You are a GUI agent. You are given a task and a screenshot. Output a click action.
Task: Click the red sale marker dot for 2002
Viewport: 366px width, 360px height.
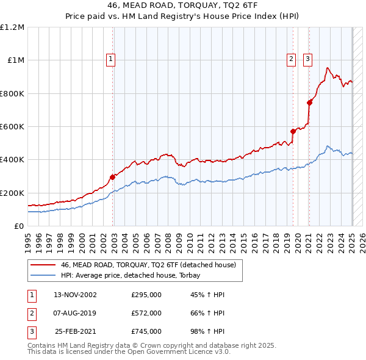point(113,178)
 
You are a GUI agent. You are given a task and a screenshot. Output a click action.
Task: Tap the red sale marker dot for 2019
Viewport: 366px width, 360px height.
point(293,131)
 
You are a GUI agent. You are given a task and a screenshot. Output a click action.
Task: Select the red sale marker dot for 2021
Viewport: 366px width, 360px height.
point(309,103)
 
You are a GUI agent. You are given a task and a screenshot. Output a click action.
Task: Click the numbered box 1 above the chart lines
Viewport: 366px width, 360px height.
point(110,59)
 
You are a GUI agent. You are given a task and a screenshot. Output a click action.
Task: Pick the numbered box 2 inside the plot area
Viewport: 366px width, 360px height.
point(291,59)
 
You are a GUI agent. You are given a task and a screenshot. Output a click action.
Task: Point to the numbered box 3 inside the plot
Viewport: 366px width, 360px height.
point(307,59)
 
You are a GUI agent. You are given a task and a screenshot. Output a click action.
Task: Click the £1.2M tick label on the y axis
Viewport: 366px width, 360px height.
point(12,27)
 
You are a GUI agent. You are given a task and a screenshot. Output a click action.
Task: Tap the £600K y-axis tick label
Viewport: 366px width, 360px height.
point(12,127)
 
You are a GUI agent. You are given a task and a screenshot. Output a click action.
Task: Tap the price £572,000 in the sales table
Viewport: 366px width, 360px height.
point(146,313)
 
